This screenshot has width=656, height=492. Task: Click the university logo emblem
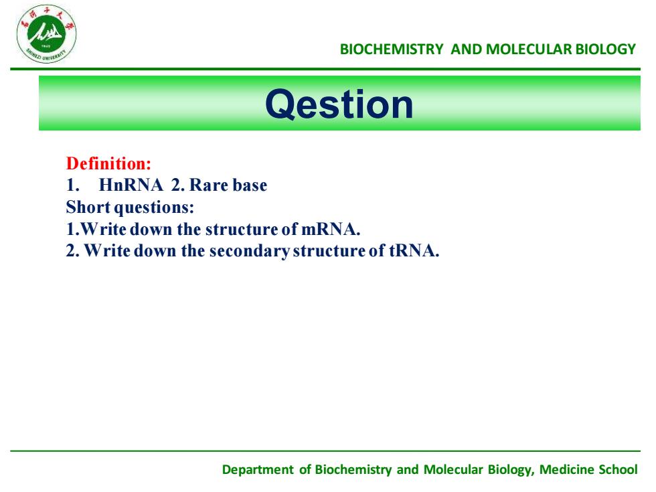tap(46, 34)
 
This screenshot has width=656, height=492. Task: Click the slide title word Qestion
tap(339, 104)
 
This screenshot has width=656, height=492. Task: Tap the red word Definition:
tap(108, 163)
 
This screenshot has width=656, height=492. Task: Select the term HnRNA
tap(131, 185)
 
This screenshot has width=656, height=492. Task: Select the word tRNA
tap(414, 250)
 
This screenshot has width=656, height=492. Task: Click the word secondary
tap(249, 251)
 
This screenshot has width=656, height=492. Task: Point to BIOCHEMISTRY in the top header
tap(392, 50)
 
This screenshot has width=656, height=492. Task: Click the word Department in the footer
tap(258, 469)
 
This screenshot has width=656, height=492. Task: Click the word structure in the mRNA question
tap(242, 229)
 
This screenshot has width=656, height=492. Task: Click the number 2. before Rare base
tap(177, 185)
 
